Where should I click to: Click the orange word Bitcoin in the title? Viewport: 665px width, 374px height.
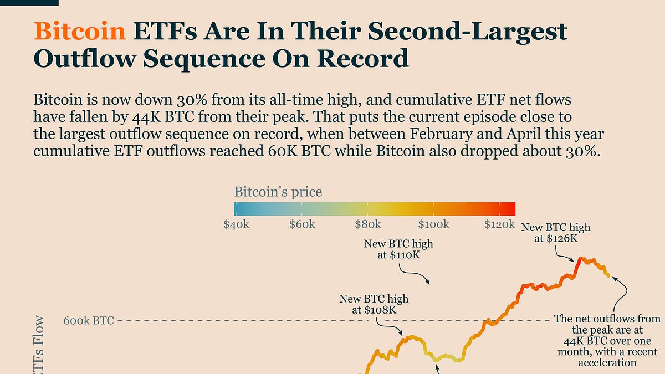tap(79, 32)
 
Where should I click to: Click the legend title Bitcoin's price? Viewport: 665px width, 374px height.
tap(278, 192)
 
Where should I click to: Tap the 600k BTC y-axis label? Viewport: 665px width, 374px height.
tap(89, 320)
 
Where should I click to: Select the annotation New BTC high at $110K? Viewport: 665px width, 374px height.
tap(398, 249)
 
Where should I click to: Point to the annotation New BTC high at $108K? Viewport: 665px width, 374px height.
tap(374, 304)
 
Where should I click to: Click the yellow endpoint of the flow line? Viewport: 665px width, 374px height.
tap(608, 275)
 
